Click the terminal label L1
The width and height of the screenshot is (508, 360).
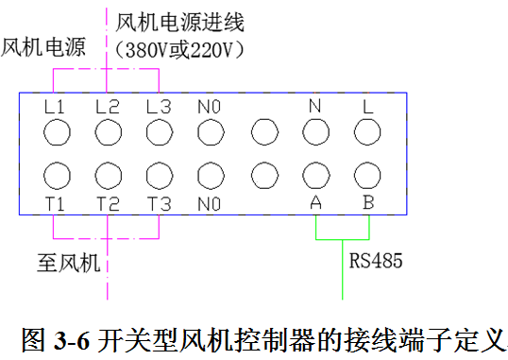(x=56, y=108)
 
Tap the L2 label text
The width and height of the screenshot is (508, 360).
(x=108, y=108)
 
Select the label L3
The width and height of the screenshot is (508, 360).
(x=159, y=108)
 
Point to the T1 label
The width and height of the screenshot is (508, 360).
(x=56, y=204)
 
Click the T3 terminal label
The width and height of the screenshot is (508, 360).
(x=159, y=204)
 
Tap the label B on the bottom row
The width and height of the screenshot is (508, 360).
(x=367, y=204)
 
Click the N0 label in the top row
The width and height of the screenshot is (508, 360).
(x=210, y=108)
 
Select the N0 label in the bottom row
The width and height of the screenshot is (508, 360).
(x=210, y=204)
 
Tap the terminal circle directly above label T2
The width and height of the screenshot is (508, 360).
(x=108, y=177)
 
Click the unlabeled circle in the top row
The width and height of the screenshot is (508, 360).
(x=262, y=132)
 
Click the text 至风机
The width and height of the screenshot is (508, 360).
(x=68, y=262)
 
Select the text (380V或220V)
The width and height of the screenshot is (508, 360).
(x=178, y=48)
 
